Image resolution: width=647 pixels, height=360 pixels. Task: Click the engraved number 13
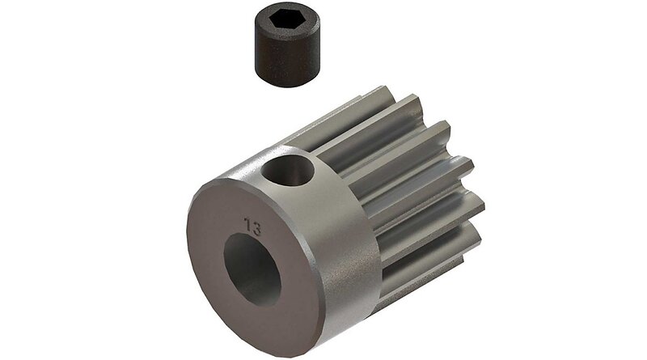point(252,227)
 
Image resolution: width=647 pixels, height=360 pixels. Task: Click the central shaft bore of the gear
point(252,269)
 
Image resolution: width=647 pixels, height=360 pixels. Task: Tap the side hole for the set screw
point(289,169)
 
